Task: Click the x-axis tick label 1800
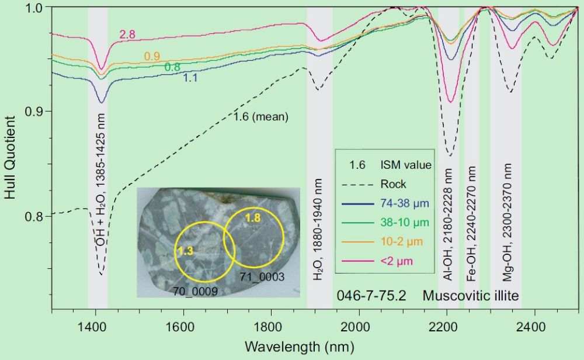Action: (270, 327)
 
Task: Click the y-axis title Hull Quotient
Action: (11, 157)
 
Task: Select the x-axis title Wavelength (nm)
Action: (298, 347)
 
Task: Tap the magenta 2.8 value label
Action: (127, 34)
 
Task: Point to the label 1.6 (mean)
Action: (261, 117)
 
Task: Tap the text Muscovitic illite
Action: (471, 296)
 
